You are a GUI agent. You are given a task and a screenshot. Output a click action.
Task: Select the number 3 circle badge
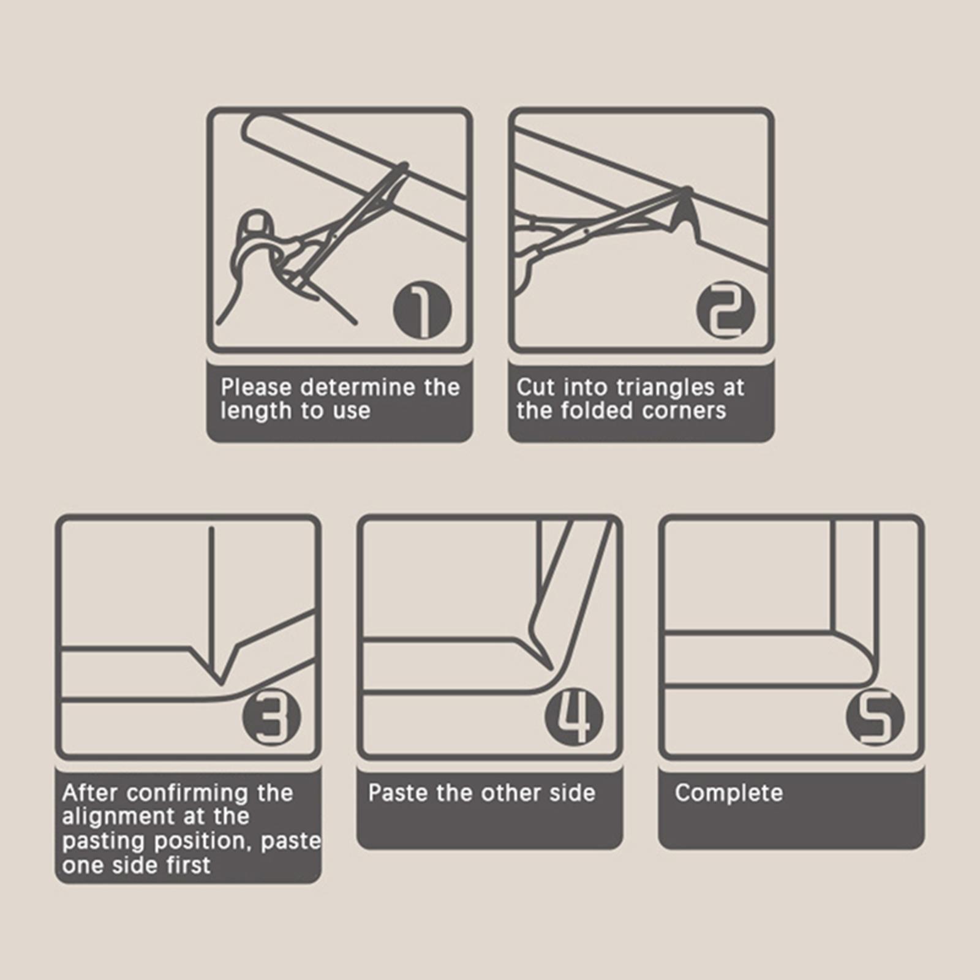271,717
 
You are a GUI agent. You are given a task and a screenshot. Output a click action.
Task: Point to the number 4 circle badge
575,717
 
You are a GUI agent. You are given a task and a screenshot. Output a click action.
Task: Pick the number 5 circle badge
875,717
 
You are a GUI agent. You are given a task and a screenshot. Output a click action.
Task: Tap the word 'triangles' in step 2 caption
666,388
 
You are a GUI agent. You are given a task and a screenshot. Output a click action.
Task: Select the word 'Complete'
729,793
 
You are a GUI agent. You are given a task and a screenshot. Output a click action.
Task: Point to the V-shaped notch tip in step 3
221,682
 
